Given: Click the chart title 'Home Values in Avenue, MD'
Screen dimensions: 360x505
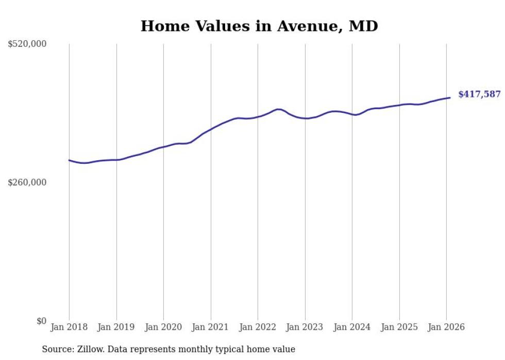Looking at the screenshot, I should click(259, 26).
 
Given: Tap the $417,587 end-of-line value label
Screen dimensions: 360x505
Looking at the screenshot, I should click(479, 94).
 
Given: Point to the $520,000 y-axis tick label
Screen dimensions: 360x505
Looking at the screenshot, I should click(27, 44).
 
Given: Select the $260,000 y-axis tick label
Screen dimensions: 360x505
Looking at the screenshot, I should click(27, 182).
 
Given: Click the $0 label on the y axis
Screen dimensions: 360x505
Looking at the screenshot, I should click(41, 321).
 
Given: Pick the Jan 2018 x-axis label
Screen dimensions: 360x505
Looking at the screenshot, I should click(69, 327).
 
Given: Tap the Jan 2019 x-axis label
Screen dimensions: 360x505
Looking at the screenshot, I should click(116, 327).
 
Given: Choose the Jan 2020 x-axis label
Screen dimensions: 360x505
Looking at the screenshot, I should click(163, 327).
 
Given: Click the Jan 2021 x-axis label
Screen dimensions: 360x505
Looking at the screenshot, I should click(211, 327).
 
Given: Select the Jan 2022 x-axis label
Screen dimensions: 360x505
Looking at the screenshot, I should click(258, 327).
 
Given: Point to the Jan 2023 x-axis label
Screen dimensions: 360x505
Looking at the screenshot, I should click(305, 327).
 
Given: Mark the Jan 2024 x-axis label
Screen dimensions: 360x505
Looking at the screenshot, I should click(352, 327).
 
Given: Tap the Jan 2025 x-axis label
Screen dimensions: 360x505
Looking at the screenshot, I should click(399, 327).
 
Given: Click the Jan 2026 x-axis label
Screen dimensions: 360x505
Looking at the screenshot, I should click(446, 327).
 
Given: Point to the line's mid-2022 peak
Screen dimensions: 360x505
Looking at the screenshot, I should click(278, 109).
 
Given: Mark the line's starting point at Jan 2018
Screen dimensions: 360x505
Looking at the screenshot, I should click(69, 160).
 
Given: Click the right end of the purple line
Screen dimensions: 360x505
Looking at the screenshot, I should click(450, 97).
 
